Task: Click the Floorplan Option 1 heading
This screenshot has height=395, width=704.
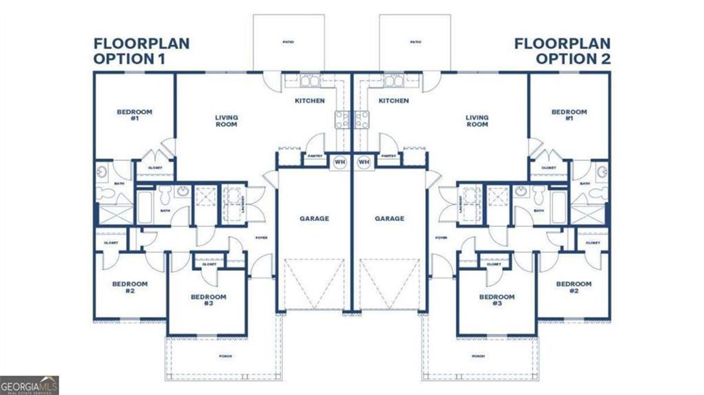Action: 141,51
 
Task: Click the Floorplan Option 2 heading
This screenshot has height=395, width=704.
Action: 562,51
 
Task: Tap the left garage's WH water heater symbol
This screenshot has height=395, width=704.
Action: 339,162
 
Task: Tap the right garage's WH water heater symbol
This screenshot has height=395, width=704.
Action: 363,162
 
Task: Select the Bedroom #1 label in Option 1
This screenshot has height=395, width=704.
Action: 135,114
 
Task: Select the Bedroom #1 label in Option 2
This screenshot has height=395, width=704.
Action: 569,114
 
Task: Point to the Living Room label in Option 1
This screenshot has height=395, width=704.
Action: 226,121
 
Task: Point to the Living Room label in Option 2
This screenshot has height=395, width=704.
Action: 477,121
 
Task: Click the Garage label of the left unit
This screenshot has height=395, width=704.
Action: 314,218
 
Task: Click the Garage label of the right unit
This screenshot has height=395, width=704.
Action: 389,218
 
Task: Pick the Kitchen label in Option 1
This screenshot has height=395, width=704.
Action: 310,101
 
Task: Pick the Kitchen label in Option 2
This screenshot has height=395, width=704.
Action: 394,101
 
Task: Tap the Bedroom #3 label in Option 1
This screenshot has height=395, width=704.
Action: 208,300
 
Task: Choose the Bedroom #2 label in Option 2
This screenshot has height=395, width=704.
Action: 574,287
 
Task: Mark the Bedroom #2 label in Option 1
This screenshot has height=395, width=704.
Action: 130,287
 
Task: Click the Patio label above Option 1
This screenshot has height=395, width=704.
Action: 288,42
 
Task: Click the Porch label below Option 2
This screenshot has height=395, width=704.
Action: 479,356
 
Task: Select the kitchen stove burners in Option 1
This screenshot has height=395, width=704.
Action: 341,119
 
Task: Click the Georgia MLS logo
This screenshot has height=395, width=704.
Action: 29,385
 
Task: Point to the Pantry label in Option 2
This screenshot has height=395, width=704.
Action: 389,156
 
